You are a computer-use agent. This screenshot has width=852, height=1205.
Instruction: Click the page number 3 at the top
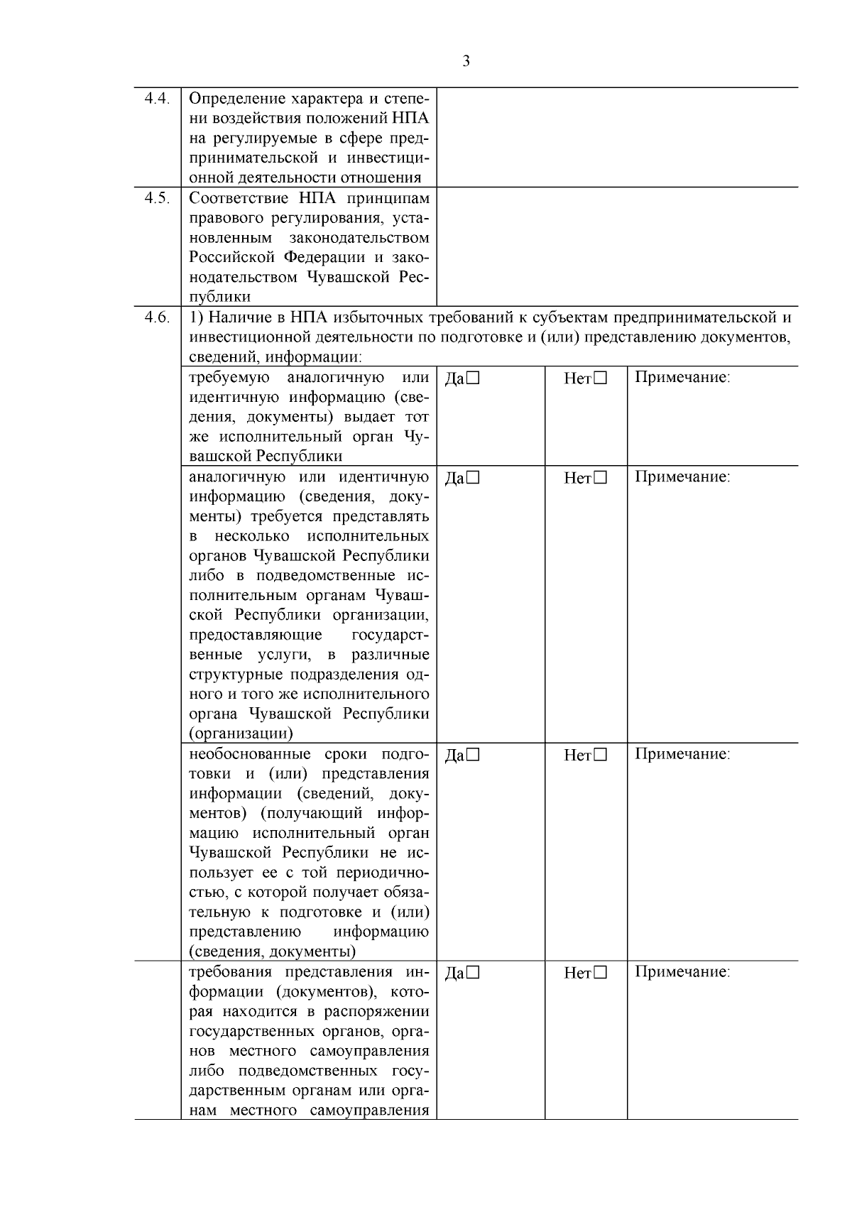coord(466,62)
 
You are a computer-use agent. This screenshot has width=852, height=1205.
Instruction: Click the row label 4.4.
coord(157,99)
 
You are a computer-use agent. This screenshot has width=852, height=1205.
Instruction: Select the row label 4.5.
coord(157,198)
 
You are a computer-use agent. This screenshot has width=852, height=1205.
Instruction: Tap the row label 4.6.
coord(157,317)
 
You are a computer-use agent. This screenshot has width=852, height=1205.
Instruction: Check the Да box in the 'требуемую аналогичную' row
coord(474,379)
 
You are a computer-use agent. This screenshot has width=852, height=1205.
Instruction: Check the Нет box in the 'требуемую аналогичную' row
coord(601,379)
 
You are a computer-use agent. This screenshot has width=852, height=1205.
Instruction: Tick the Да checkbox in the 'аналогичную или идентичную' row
coord(474,479)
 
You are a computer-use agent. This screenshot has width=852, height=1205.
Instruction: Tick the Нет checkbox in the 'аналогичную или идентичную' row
coord(601,479)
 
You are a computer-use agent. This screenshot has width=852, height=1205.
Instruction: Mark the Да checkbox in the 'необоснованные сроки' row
coord(474,756)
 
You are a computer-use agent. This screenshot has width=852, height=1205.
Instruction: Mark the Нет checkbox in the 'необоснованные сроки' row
coord(601,756)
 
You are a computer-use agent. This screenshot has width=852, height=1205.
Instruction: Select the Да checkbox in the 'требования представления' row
coord(474,974)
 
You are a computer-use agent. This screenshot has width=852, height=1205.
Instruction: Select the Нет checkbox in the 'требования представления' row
coord(601,974)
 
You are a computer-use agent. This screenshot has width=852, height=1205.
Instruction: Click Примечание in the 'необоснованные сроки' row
coord(682,754)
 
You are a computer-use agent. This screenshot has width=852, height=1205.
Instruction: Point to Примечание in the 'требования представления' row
coord(682,972)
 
